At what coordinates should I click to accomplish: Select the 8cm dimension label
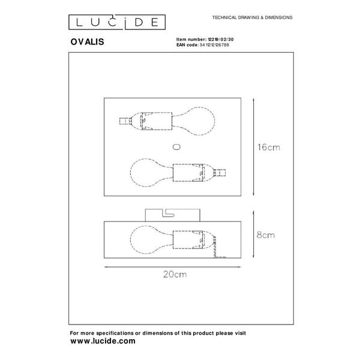tap(264, 236)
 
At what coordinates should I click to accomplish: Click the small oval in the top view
tap(176, 146)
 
